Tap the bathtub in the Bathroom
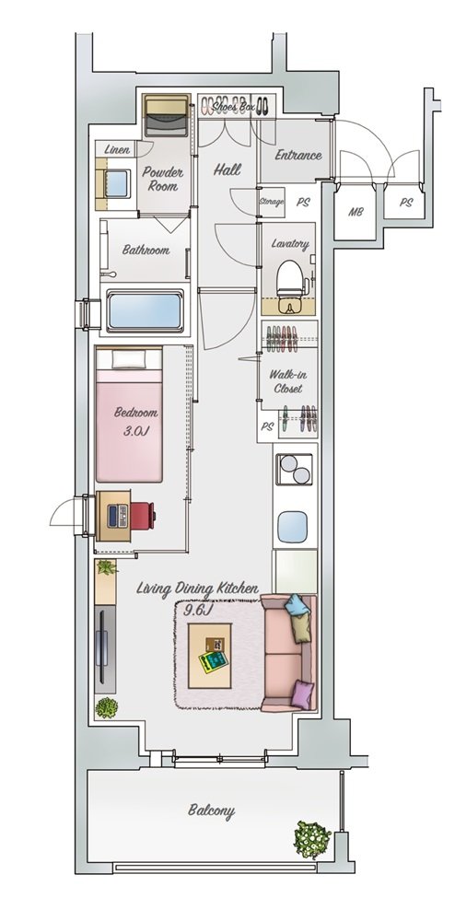coord(145,311)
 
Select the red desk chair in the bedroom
coord(143,516)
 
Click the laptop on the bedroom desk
coord(117,516)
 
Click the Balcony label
coord(211,811)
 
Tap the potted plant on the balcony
coord(312,839)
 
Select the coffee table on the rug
coord(210,656)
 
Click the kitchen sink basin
coord(292,527)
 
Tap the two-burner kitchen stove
coord(294,470)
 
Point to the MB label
coord(356,212)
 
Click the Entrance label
coord(298,155)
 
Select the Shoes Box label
coord(234,108)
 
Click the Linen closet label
coord(117,150)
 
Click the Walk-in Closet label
coord(287,382)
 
